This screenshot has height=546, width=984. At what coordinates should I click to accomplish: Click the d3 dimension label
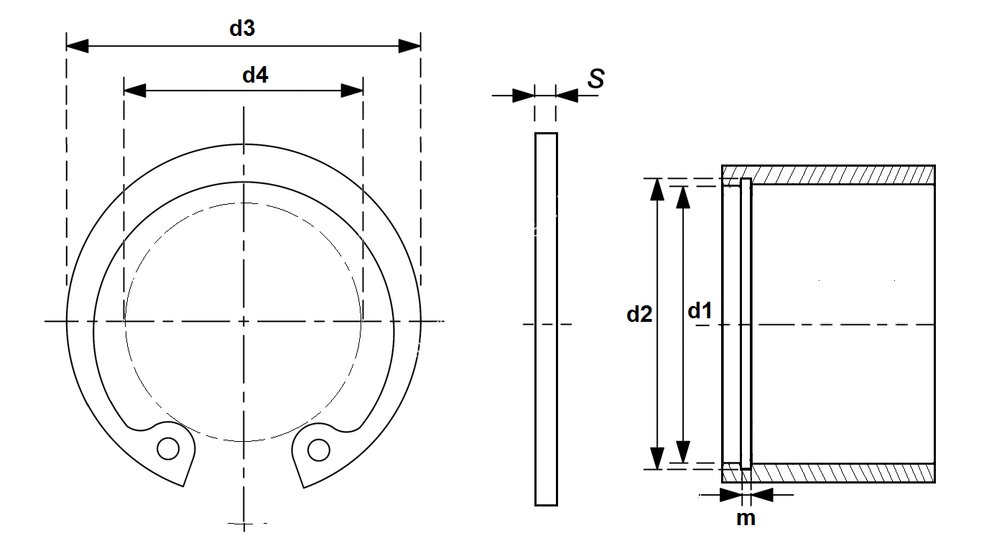click(x=242, y=29)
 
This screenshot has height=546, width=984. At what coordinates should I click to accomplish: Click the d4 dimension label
click(x=255, y=74)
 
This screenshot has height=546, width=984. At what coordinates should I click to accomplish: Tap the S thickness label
click(x=595, y=79)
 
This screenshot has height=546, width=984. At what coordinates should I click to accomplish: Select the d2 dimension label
click(x=639, y=314)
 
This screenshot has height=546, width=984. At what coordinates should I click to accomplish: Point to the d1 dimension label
click(x=700, y=311)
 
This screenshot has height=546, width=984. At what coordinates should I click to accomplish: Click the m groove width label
click(x=746, y=517)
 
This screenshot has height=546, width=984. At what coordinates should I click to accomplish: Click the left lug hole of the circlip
click(x=169, y=449)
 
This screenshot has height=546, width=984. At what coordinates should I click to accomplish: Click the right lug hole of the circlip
click(x=318, y=450)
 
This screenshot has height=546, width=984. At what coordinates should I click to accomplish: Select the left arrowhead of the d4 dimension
click(x=134, y=91)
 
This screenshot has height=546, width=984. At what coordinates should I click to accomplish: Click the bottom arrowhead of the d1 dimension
click(x=683, y=452)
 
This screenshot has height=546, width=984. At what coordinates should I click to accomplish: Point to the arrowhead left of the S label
click(x=524, y=96)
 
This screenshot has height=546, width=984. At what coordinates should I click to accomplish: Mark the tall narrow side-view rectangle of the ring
click(x=546, y=319)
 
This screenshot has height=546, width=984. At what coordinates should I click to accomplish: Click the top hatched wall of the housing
click(x=840, y=175)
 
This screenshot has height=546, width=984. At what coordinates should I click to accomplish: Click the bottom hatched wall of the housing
click(x=840, y=473)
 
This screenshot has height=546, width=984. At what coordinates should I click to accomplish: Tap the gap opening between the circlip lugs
click(x=243, y=467)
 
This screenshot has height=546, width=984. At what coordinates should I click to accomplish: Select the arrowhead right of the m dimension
click(x=762, y=494)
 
